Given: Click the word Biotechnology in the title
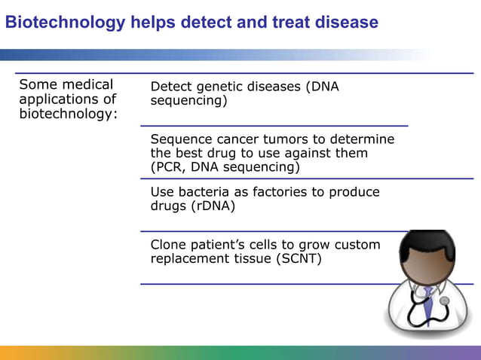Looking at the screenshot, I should click(64, 23).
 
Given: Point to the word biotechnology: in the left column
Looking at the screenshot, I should click(68, 114).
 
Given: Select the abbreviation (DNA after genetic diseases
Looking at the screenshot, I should click(322, 87).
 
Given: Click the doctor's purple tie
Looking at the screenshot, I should click(427, 305).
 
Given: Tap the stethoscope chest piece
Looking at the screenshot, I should click(444, 302).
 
